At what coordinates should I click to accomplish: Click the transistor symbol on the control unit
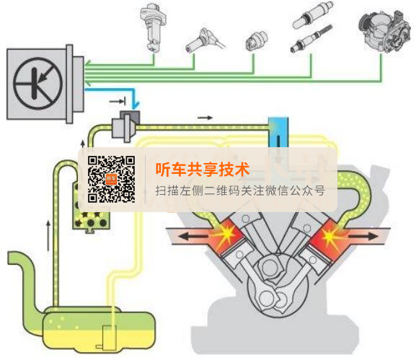tap(37, 84)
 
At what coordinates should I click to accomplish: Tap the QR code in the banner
tap(112, 180)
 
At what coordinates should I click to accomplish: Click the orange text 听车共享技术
tap(202, 170)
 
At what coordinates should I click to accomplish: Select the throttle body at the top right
tap(384, 30)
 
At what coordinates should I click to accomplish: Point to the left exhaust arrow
tap(192, 235)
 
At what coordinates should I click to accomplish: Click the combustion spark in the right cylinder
tap(329, 236)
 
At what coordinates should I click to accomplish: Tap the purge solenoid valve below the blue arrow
tap(125, 126)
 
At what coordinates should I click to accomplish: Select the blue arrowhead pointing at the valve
tap(136, 105)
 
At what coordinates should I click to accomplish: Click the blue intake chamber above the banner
tap(278, 132)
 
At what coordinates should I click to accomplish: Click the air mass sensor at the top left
tap(153, 27)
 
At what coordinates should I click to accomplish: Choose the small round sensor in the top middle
tap(256, 40)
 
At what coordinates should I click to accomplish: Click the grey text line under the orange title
tap(240, 190)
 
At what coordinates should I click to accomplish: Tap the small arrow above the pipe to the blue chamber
tap(205, 118)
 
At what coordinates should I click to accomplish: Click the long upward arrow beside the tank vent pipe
tap(48, 235)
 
